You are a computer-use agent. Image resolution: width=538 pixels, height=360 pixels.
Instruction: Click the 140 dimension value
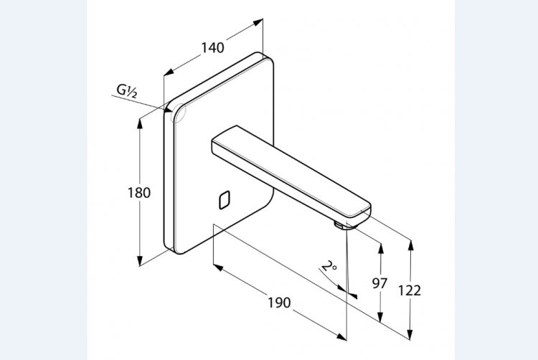pyautogui.click(x=212, y=48)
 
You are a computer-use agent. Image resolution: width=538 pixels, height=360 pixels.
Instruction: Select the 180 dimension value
pyautogui.click(x=139, y=192)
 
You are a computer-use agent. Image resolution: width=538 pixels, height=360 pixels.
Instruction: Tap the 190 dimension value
pyautogui.click(x=279, y=302)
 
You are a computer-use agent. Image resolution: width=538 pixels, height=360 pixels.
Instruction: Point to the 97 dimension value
pyautogui.click(x=380, y=283)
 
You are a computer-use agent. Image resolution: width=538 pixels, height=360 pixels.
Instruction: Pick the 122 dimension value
pyautogui.click(x=410, y=290)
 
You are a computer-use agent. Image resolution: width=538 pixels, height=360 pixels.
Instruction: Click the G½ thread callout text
pyautogui.click(x=128, y=90)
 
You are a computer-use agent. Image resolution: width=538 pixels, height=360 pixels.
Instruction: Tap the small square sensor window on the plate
pyautogui.click(x=223, y=199)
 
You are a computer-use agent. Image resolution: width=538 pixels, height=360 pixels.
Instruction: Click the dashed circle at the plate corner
pyautogui.click(x=177, y=113)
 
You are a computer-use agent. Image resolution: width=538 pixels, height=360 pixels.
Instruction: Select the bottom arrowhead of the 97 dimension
pyautogui.click(x=380, y=319)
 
